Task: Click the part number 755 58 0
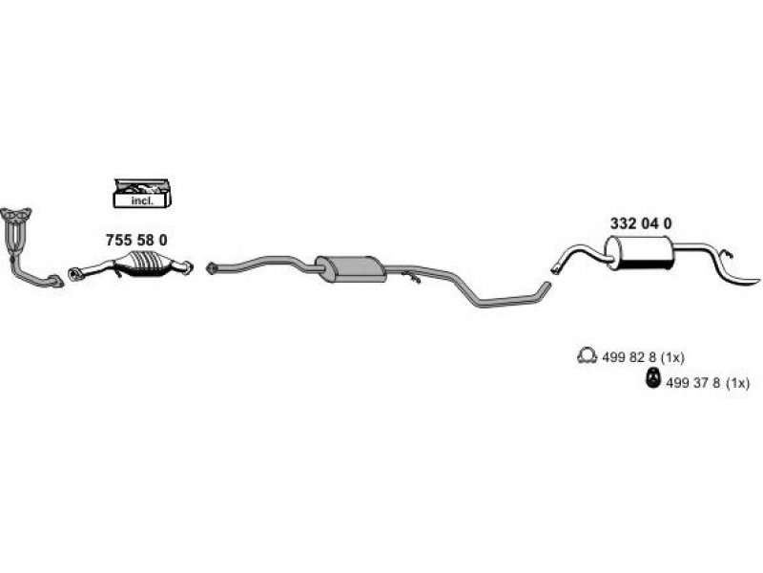pos(135,239)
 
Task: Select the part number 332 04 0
pos(641,223)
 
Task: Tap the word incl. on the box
pos(138,200)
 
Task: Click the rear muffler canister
pos(640,253)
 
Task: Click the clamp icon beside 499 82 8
pos(587,357)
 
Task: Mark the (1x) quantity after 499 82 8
pos(672,357)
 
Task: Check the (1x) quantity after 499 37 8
pos(738,382)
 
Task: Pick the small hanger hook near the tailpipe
pos(726,254)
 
